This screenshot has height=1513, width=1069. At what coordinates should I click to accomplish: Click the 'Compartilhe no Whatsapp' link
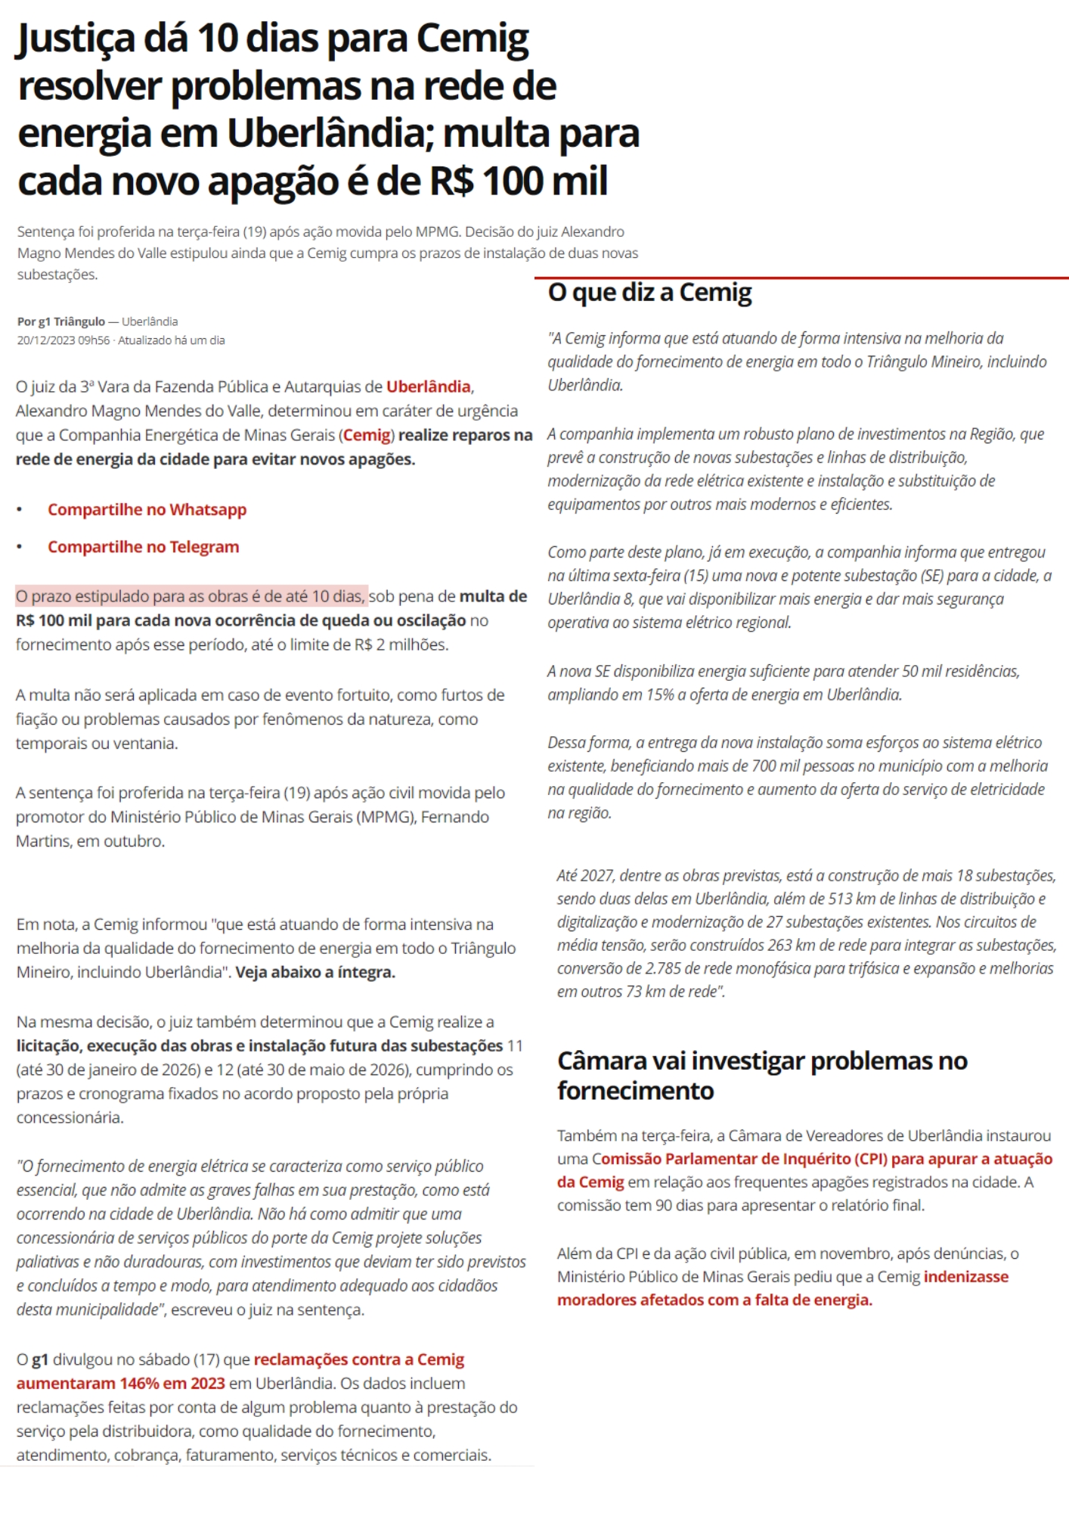tap(147, 510)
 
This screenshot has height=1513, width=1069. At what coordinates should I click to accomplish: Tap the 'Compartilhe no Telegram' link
tap(143, 547)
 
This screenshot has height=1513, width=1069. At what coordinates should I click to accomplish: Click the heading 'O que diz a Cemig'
tap(649, 292)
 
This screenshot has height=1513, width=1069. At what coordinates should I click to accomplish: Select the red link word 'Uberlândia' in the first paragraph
tap(428, 387)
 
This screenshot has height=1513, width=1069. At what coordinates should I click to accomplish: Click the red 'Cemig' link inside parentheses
tap(367, 435)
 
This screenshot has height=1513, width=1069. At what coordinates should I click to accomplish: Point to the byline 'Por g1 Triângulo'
tap(61, 322)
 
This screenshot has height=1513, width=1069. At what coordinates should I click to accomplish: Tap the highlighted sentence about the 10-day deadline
tap(191, 596)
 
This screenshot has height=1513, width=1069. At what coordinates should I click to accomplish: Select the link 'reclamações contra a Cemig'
tap(358, 1359)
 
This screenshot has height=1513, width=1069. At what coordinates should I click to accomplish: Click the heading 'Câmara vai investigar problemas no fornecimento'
tap(762, 1075)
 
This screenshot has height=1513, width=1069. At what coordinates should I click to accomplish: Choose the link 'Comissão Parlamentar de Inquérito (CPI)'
tap(739, 1159)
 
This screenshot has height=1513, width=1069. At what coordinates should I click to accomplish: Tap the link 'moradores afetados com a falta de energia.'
tap(714, 1300)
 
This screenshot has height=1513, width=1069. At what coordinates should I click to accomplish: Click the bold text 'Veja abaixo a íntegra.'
tap(315, 972)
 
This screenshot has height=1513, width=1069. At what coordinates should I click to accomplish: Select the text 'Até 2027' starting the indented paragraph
tap(585, 875)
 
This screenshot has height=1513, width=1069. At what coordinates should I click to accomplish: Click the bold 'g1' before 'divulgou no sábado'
tap(40, 1359)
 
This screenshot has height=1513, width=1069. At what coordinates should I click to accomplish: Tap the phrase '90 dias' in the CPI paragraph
tap(679, 1205)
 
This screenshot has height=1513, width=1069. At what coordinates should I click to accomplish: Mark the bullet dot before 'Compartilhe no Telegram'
tap(20, 547)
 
